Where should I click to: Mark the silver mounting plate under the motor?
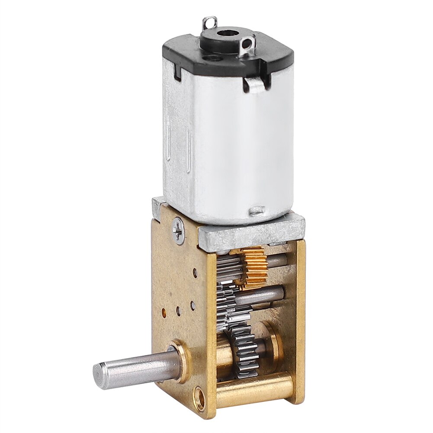251,232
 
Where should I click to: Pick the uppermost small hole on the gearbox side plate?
195,273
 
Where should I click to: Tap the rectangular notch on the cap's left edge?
177,74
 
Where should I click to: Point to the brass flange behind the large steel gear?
274,342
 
